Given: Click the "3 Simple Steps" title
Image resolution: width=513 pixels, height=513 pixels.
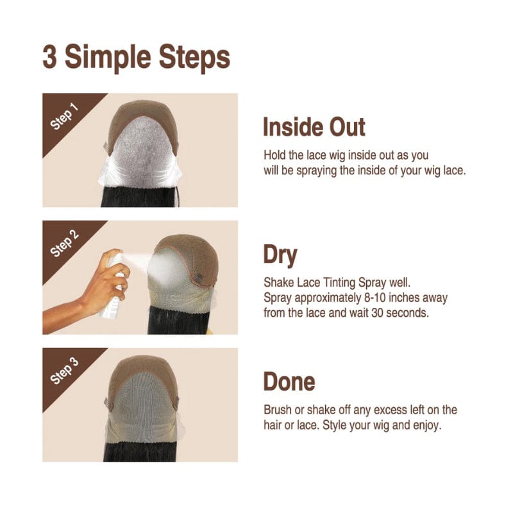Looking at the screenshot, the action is tap(136, 58).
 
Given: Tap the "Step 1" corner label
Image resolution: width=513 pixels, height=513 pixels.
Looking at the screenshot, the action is tap(65, 117).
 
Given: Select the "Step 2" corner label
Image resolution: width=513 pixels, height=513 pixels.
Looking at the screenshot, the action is tap(65, 244).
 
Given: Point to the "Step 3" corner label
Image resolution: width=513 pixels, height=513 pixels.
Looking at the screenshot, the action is tap(65, 371).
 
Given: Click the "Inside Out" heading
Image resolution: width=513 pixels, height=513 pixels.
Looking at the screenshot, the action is tap(314, 127).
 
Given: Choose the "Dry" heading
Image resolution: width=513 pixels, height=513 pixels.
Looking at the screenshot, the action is tap(280, 255).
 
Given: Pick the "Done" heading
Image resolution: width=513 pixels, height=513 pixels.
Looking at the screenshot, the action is tap(289, 382).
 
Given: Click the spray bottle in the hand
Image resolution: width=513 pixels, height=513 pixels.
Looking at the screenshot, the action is tap(113, 285).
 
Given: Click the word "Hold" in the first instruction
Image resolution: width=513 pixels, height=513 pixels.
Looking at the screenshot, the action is tap(274, 155).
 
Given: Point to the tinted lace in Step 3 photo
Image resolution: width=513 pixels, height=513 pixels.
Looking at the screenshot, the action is tap(143, 409).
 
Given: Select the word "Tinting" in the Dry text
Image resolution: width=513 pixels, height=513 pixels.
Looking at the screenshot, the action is tap(339, 283).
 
